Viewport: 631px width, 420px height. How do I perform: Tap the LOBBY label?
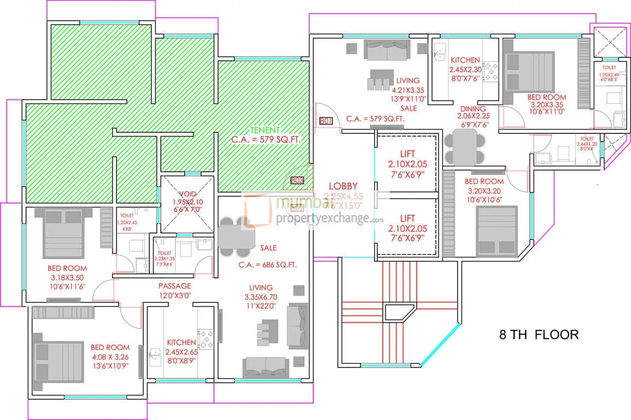[x=343, y=186]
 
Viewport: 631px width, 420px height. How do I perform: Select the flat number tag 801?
[x=326, y=121]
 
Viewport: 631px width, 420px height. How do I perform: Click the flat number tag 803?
[x=297, y=180]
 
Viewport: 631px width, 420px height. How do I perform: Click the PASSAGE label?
[x=175, y=285]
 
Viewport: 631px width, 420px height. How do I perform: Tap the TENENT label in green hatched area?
[x=265, y=130]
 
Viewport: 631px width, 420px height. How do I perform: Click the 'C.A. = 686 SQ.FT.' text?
[x=267, y=265]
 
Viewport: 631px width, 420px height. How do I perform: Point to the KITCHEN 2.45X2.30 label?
[x=464, y=60]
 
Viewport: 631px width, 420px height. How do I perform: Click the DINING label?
[x=474, y=109]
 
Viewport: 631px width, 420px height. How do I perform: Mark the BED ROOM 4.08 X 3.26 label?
[x=110, y=347]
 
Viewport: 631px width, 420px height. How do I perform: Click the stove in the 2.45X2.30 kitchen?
[x=490, y=71]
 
